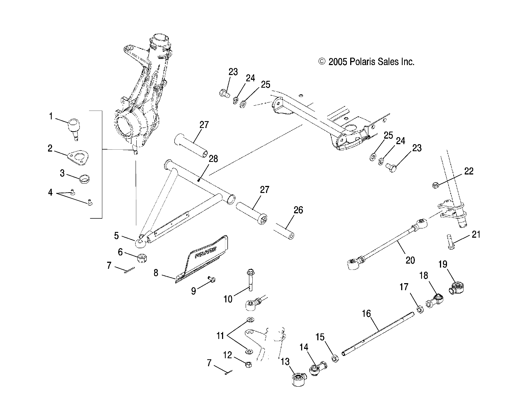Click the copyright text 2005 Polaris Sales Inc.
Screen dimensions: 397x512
[366, 62]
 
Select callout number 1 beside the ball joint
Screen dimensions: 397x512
[51, 116]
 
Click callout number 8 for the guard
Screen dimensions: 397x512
[156, 273]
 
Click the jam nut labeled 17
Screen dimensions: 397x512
[420, 309]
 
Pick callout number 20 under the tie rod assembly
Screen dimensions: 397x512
[410, 260]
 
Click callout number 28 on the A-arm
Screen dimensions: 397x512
[213, 159]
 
